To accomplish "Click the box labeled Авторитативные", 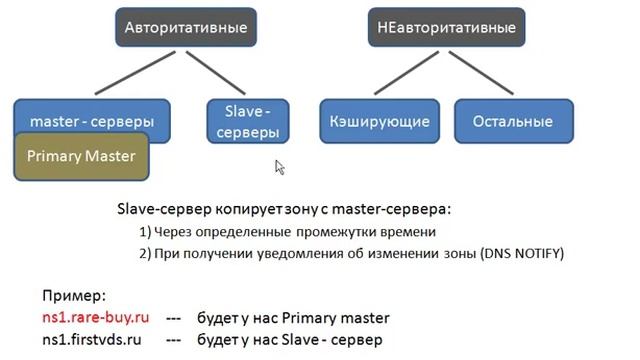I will tap(185, 29).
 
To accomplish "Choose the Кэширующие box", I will tap(380, 122).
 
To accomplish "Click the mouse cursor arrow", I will tap(280, 167).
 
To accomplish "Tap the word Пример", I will tap(72, 297).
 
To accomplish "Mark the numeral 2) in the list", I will tap(145, 254).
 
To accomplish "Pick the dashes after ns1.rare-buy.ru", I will tap(173, 318).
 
